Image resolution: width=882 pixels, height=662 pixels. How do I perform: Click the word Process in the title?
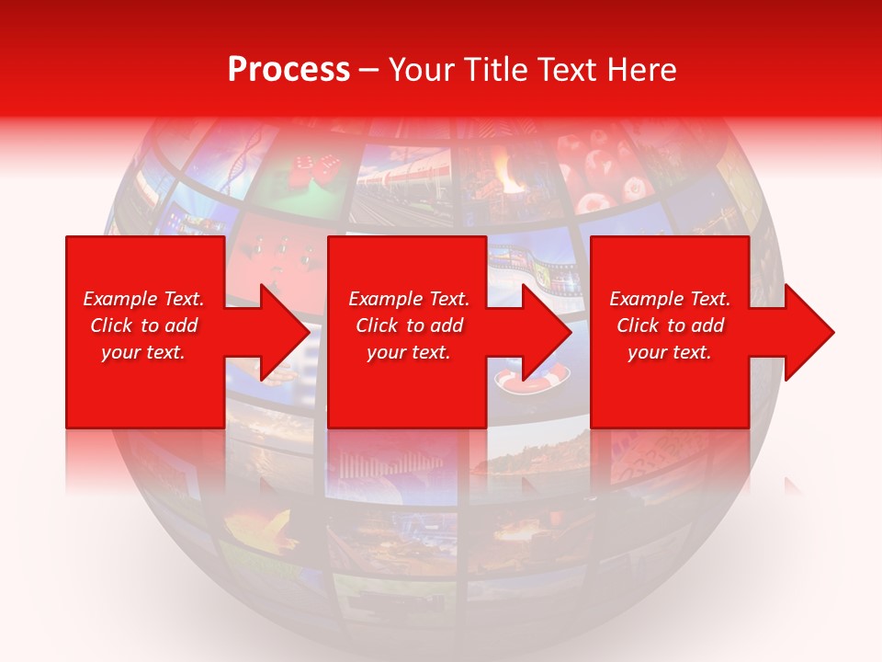tap(288, 70)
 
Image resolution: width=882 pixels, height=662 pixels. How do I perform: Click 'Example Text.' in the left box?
tap(143, 299)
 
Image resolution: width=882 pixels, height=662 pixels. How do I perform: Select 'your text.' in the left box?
tap(143, 352)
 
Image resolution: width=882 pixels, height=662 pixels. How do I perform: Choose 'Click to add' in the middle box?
tap(409, 325)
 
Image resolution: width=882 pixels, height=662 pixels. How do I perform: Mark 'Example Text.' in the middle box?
tap(409, 299)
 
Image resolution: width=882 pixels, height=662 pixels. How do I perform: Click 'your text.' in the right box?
tap(669, 352)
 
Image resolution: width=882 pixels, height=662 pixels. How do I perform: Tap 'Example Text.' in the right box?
tap(669, 299)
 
